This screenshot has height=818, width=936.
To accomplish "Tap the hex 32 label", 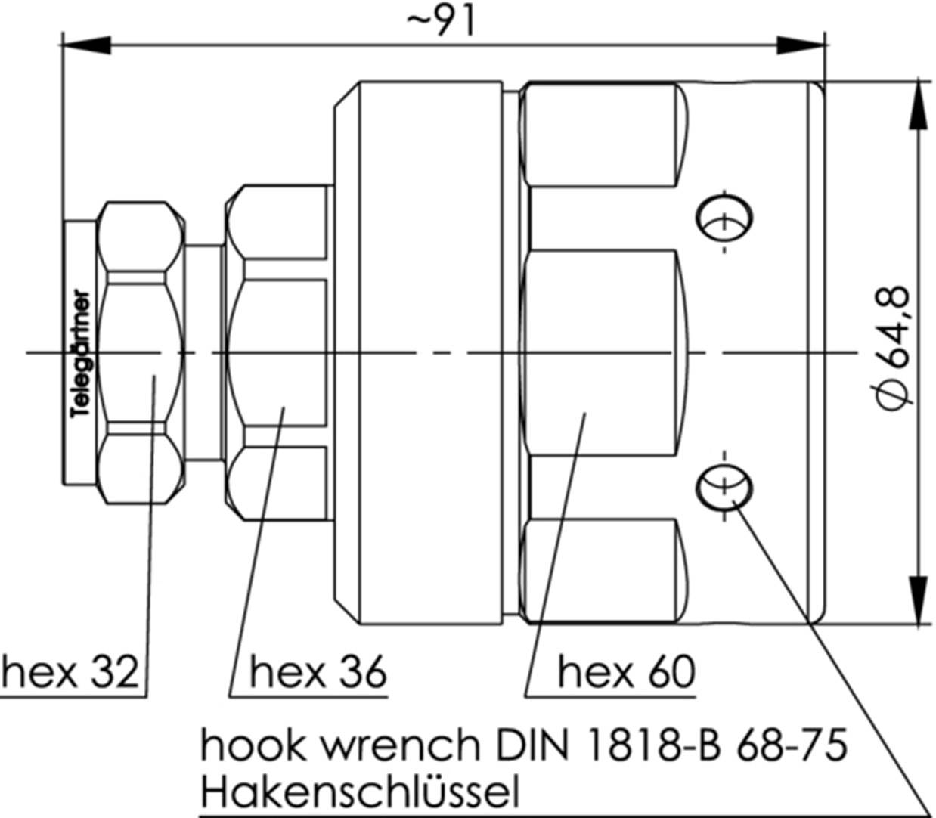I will pyautogui.click(x=71, y=671).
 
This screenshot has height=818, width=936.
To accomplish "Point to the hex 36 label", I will pyautogui.click(x=318, y=671).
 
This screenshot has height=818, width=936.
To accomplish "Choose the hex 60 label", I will pyautogui.click(x=626, y=671).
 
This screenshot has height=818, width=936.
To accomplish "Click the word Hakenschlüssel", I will pyautogui.click(x=360, y=792).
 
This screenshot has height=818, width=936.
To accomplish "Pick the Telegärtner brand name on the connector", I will pyautogui.click(x=81, y=354).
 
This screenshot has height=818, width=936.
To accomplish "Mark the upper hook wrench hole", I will pyautogui.click(x=724, y=220).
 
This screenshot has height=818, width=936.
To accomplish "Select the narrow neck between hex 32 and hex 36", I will pyautogui.click(x=204, y=352).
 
